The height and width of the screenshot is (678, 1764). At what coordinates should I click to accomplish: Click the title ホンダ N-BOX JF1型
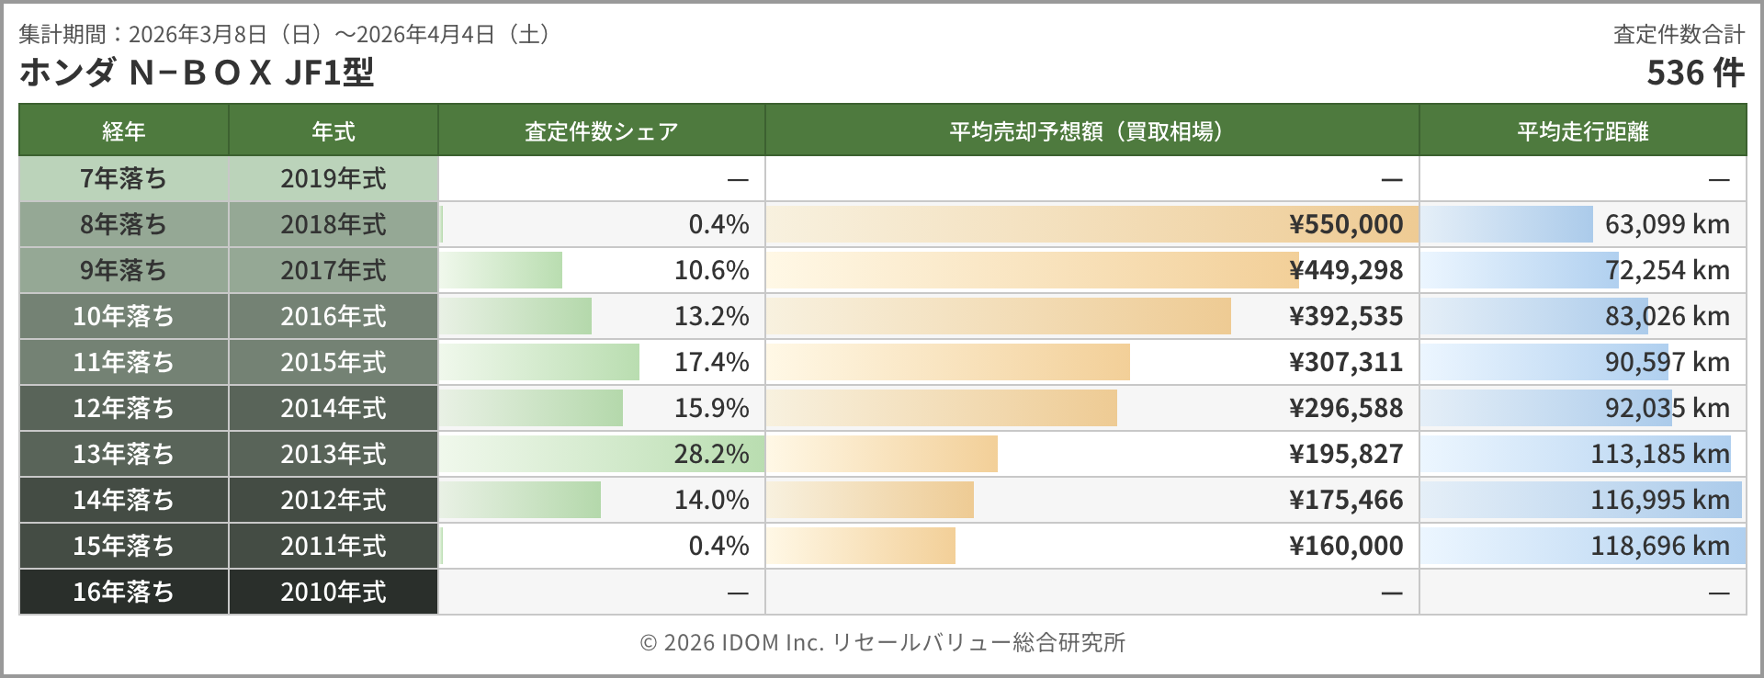click(x=197, y=73)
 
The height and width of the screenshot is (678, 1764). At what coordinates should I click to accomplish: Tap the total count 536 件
click(x=1694, y=73)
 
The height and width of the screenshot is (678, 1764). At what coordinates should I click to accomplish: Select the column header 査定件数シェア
click(x=601, y=131)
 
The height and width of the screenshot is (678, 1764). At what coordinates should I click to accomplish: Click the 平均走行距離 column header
click(x=1582, y=131)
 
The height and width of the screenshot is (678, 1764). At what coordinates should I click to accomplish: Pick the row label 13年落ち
click(x=123, y=454)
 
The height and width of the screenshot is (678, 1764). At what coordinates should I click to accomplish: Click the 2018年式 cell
click(x=333, y=224)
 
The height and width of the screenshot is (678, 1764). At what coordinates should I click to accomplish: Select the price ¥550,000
click(x=1346, y=224)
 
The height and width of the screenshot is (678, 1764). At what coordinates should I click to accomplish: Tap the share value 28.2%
click(x=711, y=454)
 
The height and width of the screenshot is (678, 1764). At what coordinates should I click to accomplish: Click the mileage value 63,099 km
click(x=1667, y=224)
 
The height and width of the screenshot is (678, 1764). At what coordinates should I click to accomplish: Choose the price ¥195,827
click(x=1346, y=454)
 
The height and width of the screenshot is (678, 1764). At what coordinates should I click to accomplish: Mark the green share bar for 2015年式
click(x=540, y=362)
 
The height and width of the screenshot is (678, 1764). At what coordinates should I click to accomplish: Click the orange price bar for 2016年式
click(x=998, y=316)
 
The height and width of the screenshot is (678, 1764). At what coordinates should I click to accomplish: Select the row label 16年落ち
click(x=123, y=592)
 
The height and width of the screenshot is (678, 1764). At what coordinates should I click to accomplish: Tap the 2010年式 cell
click(x=333, y=592)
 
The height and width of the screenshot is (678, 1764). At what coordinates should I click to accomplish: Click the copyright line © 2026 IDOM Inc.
click(x=882, y=642)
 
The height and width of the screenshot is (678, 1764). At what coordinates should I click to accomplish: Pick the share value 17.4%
click(x=711, y=362)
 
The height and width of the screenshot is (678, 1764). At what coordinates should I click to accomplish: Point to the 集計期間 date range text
click(x=287, y=35)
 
